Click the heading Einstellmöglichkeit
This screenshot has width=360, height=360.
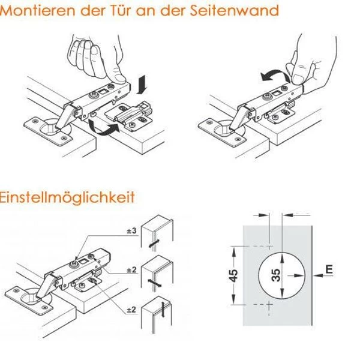[x=67, y=197]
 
